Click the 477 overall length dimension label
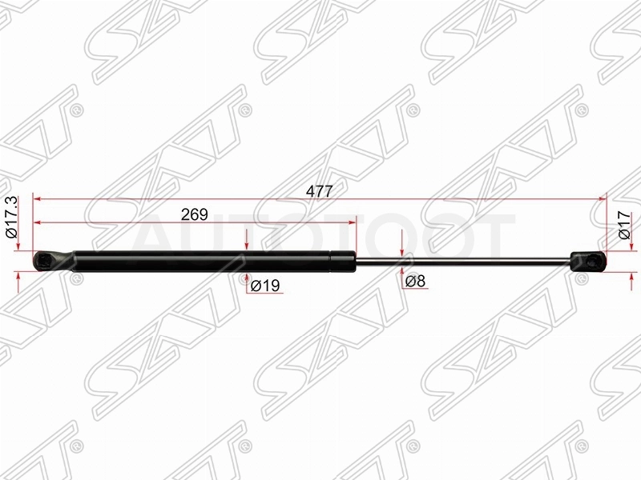tap(319, 191)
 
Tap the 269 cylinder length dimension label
tap(195, 214)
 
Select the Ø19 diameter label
tap(265, 286)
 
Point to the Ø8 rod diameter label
tap(415, 281)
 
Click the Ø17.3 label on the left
tap(11, 217)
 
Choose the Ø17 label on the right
tap(624, 225)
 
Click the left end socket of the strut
tap(53, 262)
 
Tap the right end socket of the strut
tap(588, 261)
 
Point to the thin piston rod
tap(463, 261)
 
